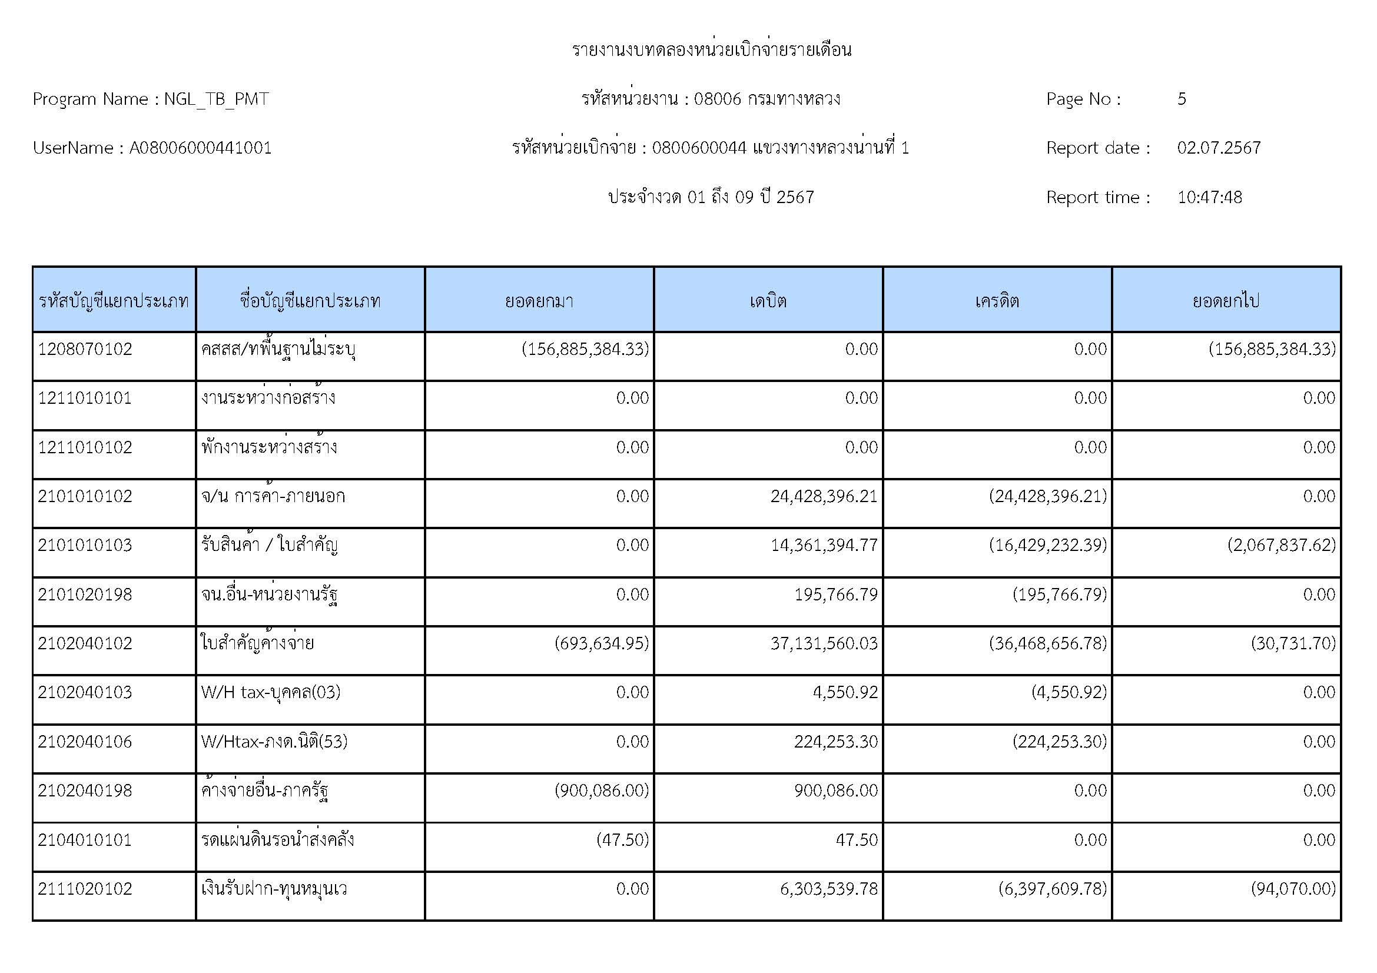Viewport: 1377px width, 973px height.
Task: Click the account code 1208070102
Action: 85,349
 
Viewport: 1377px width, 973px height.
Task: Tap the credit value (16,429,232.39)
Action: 1047,545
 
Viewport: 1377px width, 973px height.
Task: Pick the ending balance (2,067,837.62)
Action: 1281,545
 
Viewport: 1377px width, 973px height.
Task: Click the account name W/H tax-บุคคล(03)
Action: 270,692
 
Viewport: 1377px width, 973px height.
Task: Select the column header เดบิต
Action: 768,300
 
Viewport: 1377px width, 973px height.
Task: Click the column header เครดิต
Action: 997,300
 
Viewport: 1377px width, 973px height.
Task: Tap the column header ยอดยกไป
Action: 1225,300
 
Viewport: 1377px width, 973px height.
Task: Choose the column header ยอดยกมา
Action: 539,300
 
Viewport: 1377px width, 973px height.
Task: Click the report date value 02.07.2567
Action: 1219,148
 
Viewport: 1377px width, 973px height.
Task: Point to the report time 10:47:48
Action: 1209,197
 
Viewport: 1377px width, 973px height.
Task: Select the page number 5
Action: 1182,99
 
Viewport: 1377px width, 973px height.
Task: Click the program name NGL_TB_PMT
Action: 216,99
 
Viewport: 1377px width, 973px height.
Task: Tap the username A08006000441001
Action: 200,148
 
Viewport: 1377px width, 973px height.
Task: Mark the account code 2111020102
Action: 85,888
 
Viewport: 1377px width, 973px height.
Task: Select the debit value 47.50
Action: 857,839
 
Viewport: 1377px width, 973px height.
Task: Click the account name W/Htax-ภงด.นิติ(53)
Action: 274,742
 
